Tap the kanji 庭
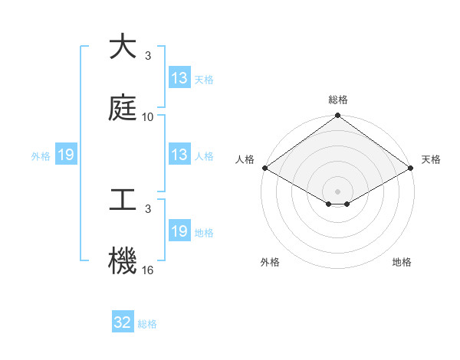coord(123,107)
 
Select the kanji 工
coord(123,201)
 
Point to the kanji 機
coord(123,262)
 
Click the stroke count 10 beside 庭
coord(148,117)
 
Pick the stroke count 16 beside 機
coord(148,270)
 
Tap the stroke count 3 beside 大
coord(148,56)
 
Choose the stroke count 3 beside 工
coord(148,209)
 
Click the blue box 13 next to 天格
coord(179,78)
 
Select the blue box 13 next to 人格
coord(179,155)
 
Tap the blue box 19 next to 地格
coord(179,231)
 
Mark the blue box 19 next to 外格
coord(66,155)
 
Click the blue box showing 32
coord(123,322)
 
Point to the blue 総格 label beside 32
coord(147,324)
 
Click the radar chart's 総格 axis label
coord(338,100)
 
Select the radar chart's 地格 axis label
coord(402,263)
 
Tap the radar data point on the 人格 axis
coord(264,168)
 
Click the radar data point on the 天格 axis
coord(411,168)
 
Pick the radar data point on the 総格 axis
coord(338,116)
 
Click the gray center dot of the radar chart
coord(338,191)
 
